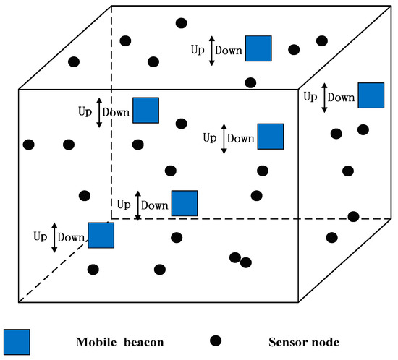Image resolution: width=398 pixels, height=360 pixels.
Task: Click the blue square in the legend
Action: [x=17, y=342]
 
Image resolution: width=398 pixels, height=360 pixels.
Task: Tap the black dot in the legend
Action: [x=214, y=340]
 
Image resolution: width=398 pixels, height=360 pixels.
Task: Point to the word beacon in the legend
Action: [x=143, y=341]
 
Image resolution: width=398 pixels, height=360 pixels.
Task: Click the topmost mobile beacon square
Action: [x=258, y=48]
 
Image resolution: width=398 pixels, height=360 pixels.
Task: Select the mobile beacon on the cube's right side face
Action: [x=371, y=95]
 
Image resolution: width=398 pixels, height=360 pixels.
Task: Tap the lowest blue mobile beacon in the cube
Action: [x=101, y=236]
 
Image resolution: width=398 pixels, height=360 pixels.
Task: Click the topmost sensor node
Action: [x=181, y=23]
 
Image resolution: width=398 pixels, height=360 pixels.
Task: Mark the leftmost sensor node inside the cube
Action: [x=29, y=145]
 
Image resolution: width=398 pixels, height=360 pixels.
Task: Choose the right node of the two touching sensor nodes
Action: [x=246, y=262]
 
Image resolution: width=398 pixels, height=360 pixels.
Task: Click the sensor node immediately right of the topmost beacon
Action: [x=294, y=49]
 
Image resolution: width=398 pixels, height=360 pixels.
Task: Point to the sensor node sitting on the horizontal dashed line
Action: [x=353, y=216]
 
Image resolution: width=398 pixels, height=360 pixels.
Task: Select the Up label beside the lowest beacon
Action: [x=41, y=236]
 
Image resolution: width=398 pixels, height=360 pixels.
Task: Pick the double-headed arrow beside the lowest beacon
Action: [x=54, y=237]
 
